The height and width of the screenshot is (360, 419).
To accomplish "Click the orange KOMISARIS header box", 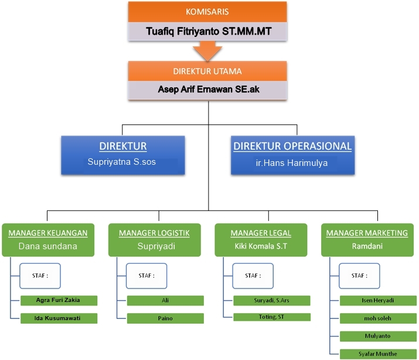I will [x=207, y=12].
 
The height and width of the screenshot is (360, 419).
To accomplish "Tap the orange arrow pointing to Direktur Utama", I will [x=208, y=52].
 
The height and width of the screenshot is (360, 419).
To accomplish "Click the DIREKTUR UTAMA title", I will [x=207, y=72].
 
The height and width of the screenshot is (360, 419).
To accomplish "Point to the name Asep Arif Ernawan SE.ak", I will [x=207, y=90].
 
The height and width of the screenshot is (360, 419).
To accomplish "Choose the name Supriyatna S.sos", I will [x=123, y=161].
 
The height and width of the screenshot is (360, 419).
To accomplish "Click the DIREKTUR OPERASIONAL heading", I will [x=292, y=146].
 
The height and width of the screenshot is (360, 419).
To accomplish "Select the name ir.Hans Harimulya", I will [x=292, y=162].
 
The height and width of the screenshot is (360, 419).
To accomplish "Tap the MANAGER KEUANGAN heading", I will [x=48, y=233].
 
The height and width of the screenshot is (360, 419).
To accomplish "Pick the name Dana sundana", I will [x=48, y=246].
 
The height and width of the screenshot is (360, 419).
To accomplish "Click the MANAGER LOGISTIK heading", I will [x=154, y=233].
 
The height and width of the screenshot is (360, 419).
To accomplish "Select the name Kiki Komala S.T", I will [x=261, y=246].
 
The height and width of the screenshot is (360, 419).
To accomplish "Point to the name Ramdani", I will [x=367, y=246].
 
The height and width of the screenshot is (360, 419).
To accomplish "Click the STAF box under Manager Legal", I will [x=253, y=276].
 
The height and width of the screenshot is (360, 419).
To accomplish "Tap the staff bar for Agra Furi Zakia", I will [x=59, y=300].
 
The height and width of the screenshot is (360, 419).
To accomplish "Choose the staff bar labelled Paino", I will [x=165, y=318].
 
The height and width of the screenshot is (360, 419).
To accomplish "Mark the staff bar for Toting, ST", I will [x=272, y=317].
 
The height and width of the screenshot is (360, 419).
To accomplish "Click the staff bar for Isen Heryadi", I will [x=378, y=300].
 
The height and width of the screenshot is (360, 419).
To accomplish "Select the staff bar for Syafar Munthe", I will [x=378, y=354].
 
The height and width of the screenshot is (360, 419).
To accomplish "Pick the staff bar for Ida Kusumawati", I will [x=59, y=318].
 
